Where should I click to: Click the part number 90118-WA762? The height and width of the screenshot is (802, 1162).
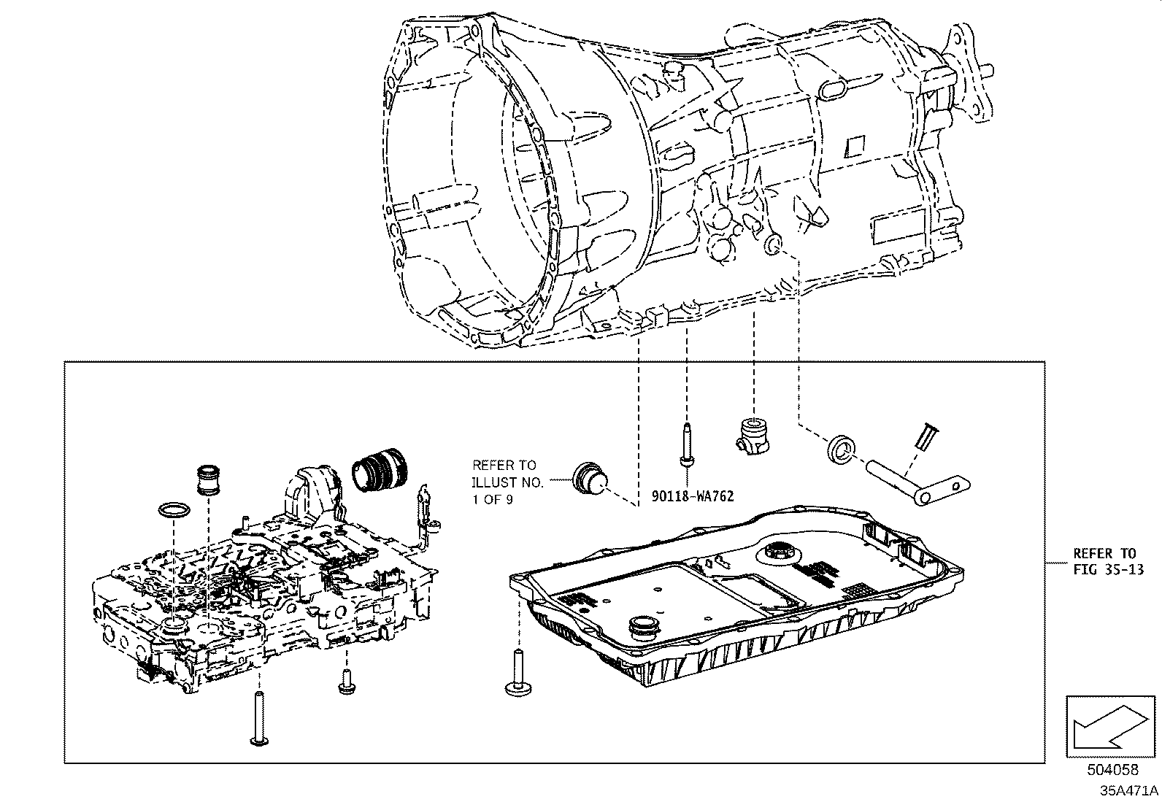pos(692,496)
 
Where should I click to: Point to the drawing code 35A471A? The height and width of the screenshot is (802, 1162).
pos(1129,790)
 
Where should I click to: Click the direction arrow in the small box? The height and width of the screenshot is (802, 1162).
pos(1109,727)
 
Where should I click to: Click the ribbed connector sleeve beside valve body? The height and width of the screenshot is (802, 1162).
pos(382,475)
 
